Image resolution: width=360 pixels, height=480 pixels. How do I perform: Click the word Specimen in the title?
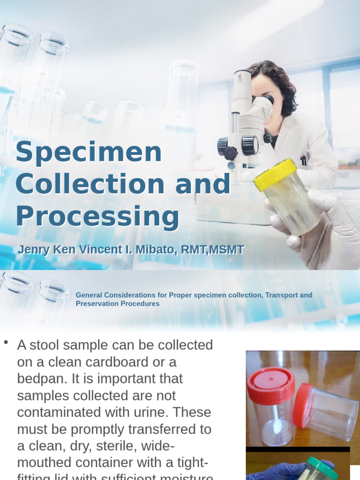[x=89, y=152]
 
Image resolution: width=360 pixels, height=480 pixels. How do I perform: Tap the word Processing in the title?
[x=97, y=217]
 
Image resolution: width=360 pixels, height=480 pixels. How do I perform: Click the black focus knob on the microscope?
[x=249, y=145]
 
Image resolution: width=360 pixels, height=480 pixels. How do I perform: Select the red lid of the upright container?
[x=270, y=385]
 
